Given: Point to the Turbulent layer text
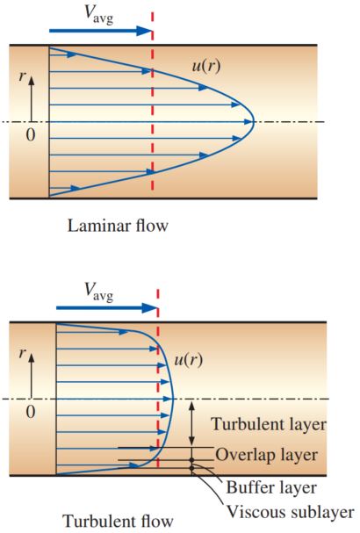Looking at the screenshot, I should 270,424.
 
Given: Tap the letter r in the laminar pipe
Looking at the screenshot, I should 23,76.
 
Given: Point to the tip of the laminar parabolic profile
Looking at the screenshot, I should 254,121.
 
